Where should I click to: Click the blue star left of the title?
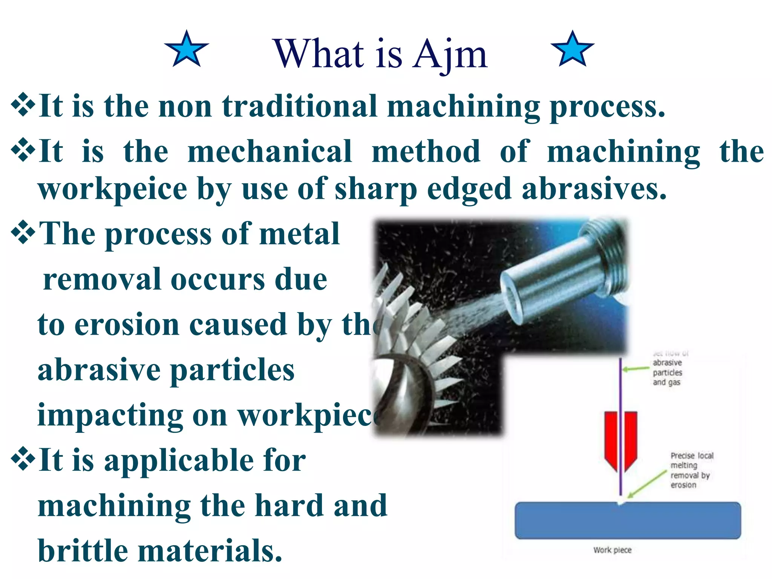pyautogui.click(x=187, y=50)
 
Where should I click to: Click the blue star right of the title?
pyautogui.click(x=572, y=50)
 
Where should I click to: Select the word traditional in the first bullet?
pyautogui.click(x=300, y=106)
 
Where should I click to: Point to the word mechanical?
pyautogui.click(x=270, y=152)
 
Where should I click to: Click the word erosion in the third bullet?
pyautogui.click(x=127, y=325)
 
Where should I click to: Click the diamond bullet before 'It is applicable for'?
pyautogui.click(x=23, y=458)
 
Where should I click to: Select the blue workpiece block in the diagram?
pyautogui.click(x=628, y=520)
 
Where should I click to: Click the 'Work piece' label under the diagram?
pyautogui.click(x=612, y=550)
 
